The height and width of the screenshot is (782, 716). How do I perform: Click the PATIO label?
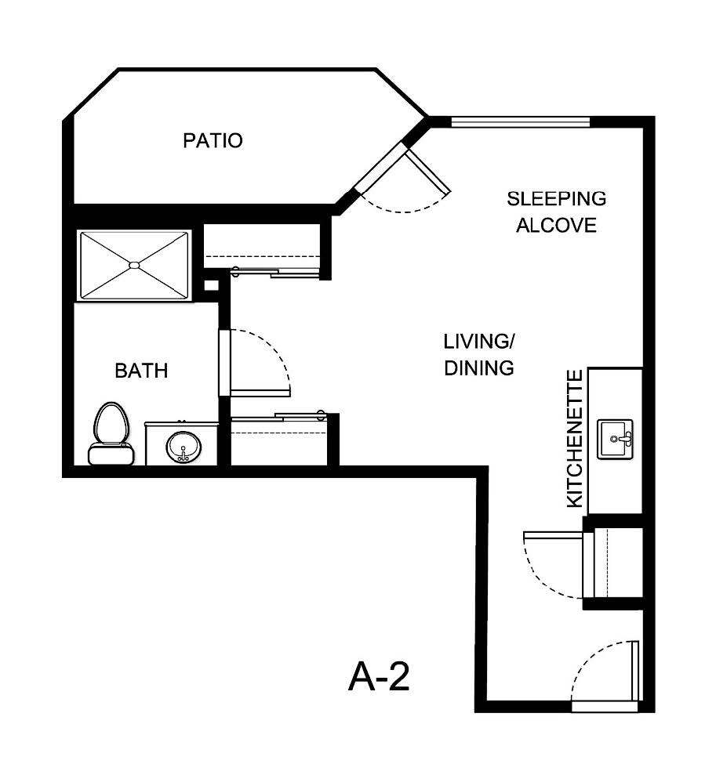click(x=213, y=141)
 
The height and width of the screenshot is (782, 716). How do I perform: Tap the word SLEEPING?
click(x=556, y=198)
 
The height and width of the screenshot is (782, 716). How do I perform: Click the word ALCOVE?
click(x=556, y=226)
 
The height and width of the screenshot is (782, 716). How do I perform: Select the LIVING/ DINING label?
click(x=479, y=354)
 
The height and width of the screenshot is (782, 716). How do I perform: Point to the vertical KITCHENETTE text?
click(x=575, y=439)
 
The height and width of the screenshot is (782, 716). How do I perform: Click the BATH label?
click(x=141, y=371)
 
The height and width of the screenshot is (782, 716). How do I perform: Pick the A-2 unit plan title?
click(x=379, y=676)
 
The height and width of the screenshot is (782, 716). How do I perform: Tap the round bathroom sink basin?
click(x=184, y=447)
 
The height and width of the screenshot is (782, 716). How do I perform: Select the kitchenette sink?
click(x=616, y=439)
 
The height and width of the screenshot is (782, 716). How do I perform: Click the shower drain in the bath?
click(x=134, y=265)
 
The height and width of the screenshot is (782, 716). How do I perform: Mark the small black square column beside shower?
click(x=210, y=285)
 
